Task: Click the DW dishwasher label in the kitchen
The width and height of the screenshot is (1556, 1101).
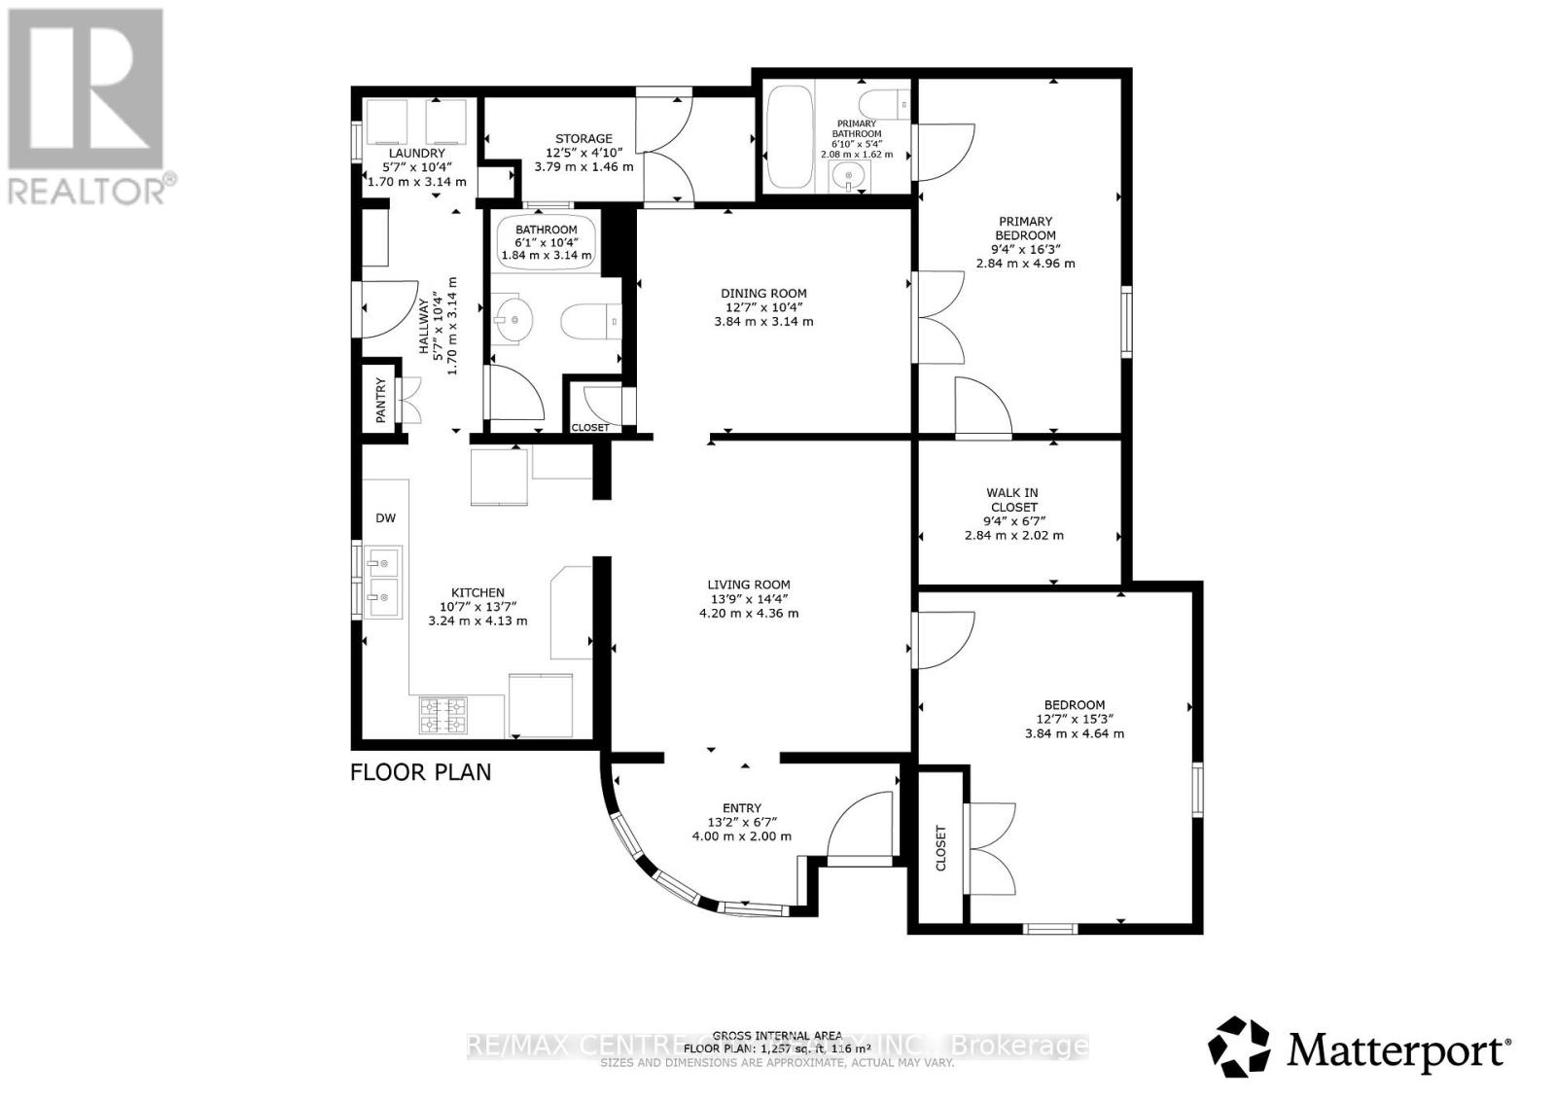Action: [x=386, y=518]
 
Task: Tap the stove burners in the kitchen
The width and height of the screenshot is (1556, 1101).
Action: [x=442, y=715]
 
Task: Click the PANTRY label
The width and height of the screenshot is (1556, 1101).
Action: [x=381, y=399]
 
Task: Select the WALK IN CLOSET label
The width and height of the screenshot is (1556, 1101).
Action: [x=1012, y=500]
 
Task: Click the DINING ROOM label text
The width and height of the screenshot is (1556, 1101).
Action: [x=763, y=293]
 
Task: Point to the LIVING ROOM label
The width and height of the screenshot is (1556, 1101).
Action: [x=749, y=585]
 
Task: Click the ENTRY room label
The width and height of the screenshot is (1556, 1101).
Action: [x=742, y=807]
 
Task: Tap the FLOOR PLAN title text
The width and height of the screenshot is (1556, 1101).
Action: [x=420, y=772]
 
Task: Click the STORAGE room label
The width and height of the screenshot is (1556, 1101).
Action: [x=583, y=139]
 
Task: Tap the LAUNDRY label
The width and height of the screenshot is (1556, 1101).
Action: [x=417, y=154]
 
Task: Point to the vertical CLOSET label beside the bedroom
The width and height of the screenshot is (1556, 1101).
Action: [x=940, y=848]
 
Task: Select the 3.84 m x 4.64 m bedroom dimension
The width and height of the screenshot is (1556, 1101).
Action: [x=1075, y=733]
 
